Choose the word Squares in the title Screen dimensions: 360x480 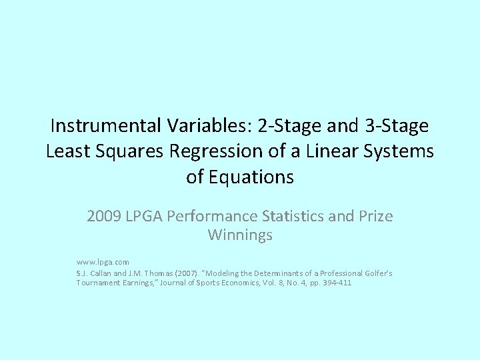point(129,151)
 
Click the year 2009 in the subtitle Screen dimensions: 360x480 point(104,217)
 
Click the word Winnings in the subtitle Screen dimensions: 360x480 point(240,235)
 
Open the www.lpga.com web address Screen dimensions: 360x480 point(103,263)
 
